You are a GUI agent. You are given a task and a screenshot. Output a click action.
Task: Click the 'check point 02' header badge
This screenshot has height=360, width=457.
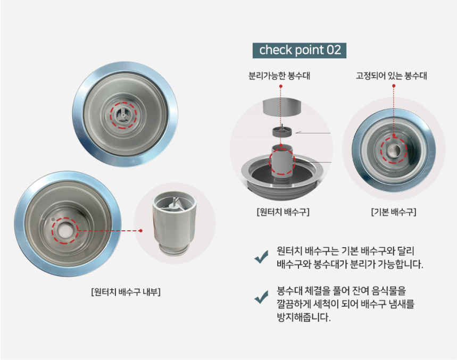(x=300, y=50)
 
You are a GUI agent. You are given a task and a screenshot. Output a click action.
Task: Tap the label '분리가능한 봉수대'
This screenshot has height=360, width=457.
(x=279, y=76)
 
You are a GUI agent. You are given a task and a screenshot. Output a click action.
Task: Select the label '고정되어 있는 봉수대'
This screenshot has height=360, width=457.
(x=392, y=76)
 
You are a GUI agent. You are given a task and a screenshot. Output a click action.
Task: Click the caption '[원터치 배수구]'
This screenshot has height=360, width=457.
(x=282, y=212)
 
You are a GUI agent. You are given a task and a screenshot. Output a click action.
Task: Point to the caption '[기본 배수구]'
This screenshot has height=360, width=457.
(x=393, y=212)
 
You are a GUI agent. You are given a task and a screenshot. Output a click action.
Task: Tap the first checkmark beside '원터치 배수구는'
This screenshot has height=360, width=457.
(x=261, y=258)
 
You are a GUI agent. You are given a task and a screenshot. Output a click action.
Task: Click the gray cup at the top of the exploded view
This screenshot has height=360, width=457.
(x=282, y=107)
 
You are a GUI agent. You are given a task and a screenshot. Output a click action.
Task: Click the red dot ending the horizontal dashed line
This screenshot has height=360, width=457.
(x=141, y=231)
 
